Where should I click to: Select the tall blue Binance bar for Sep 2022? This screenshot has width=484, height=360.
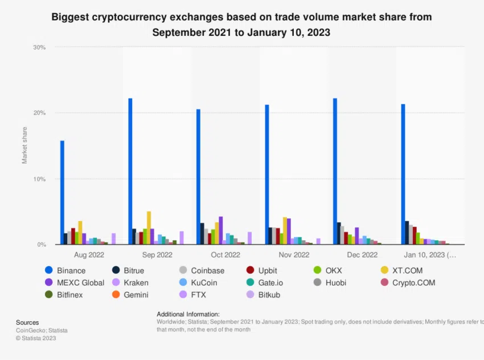[130, 171]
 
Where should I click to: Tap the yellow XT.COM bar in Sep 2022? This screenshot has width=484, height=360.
[149, 228]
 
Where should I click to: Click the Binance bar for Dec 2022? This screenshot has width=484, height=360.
[335, 171]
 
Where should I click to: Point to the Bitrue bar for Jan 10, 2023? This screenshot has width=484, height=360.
[407, 232]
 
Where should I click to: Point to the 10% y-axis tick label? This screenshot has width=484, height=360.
[39, 179]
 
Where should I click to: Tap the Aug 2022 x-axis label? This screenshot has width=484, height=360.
[89, 255]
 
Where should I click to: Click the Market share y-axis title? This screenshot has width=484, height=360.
[24, 146]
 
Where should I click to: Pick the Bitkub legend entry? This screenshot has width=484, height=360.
[268, 295]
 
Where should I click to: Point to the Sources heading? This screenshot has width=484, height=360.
[27, 322]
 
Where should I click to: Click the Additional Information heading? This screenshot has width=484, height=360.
[188, 314]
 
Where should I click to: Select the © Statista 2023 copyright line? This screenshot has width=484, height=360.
[36, 338]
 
